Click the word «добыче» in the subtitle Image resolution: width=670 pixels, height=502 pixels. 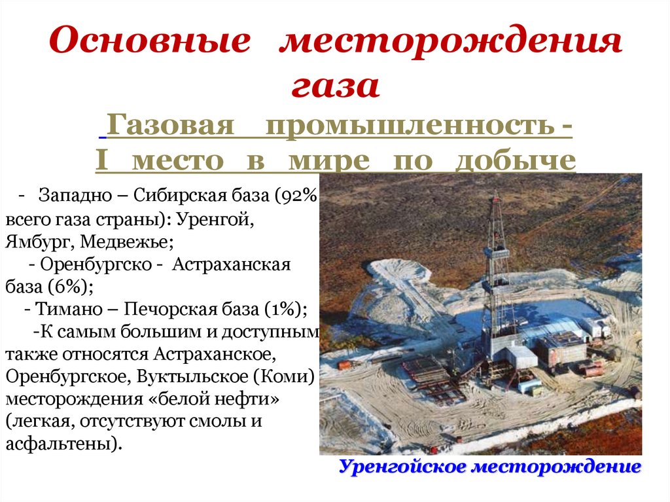pyautogui.click(x=516, y=160)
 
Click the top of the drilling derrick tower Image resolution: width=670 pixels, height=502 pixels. pyautogui.click(x=496, y=194)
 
